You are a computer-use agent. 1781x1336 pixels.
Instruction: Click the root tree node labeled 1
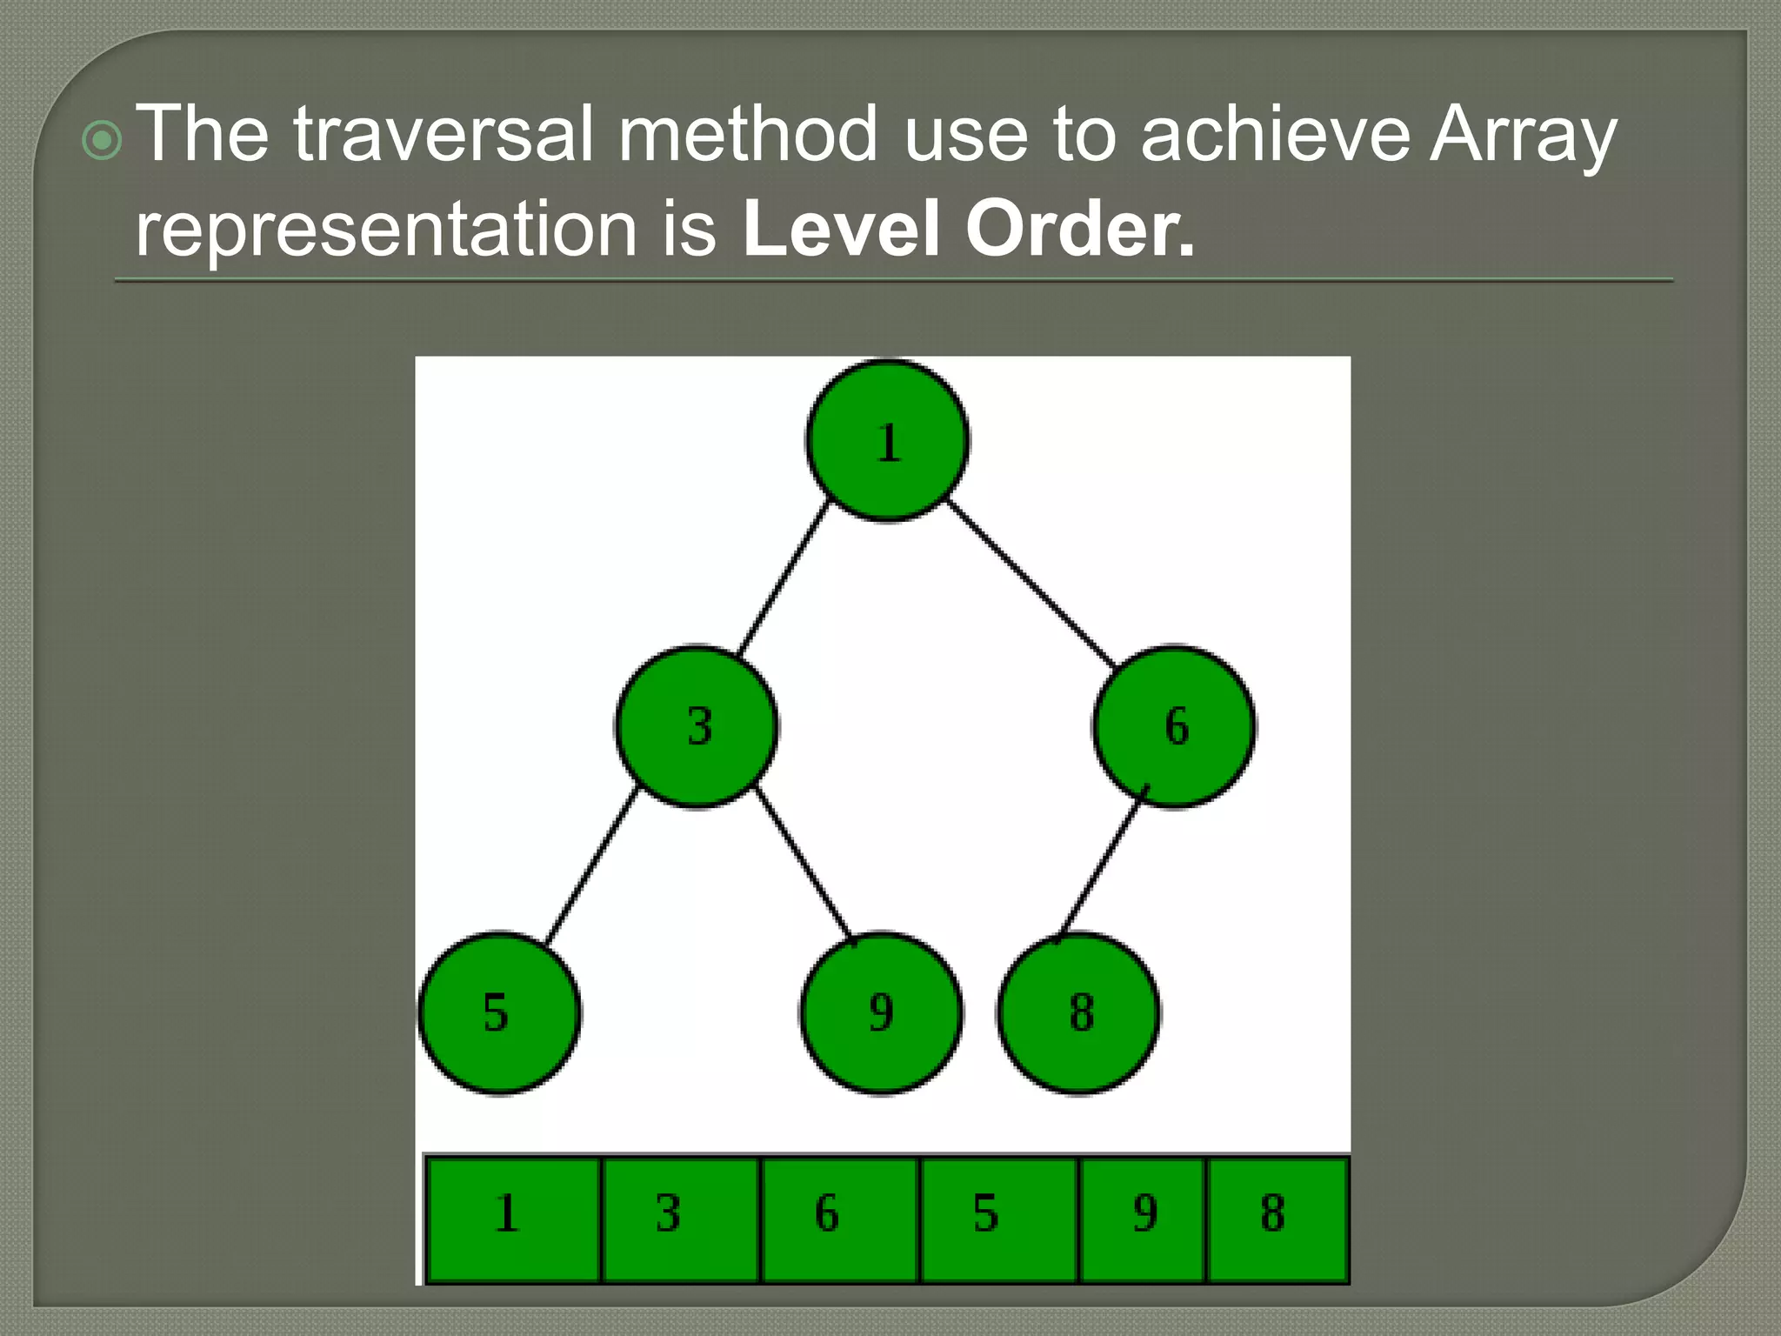(887, 441)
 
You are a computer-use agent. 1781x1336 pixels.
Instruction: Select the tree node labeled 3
(697, 726)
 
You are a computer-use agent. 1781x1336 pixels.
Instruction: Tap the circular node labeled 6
(1174, 726)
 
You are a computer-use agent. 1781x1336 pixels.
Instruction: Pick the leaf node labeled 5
(499, 1012)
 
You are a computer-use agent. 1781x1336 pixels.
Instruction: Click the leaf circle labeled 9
(880, 1012)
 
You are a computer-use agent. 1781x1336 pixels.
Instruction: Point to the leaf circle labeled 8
(1078, 1012)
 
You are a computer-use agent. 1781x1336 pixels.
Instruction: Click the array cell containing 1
(513, 1218)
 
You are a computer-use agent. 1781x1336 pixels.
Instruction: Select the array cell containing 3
(681, 1218)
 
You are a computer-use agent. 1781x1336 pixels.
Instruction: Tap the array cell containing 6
(840, 1218)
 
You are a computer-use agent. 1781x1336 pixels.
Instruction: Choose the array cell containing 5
(998, 1218)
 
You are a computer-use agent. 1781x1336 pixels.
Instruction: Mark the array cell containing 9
(1142, 1218)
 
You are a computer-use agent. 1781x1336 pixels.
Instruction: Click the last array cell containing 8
(1277, 1218)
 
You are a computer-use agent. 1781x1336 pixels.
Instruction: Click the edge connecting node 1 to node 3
(783, 578)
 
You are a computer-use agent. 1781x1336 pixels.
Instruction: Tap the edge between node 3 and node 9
(804, 863)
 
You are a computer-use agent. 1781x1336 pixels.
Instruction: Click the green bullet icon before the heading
(102, 140)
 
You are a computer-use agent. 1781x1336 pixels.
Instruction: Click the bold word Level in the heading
(841, 228)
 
